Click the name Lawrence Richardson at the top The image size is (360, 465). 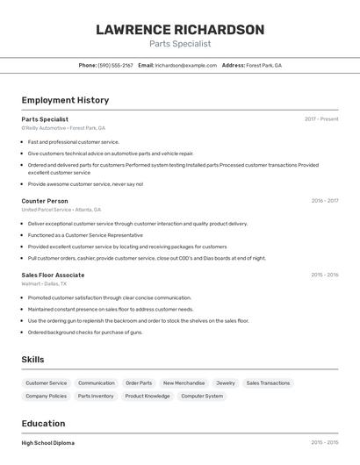coord(180,30)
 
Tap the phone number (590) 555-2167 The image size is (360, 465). coord(115,65)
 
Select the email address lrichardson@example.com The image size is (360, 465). coord(186,65)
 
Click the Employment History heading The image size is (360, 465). coord(65,100)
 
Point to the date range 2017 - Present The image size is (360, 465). coord(321,119)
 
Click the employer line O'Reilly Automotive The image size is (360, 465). coord(63,128)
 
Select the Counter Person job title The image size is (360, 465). coord(45,201)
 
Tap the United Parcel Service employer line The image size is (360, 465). coord(61,210)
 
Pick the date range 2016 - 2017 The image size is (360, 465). coord(324,201)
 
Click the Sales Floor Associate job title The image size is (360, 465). coord(53,275)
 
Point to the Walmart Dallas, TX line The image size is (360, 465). coord(44,283)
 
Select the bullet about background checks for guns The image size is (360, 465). coord(85,333)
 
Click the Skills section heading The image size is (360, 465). coord(32,360)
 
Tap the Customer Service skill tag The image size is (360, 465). coord(47,383)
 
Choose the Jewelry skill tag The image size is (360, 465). coord(226,383)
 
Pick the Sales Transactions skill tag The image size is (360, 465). coord(268,383)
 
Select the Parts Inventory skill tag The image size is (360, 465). coord(96,397)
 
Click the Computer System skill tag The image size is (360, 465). coord(202,397)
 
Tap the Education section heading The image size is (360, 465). coord(43,423)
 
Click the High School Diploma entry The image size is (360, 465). coord(48,443)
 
